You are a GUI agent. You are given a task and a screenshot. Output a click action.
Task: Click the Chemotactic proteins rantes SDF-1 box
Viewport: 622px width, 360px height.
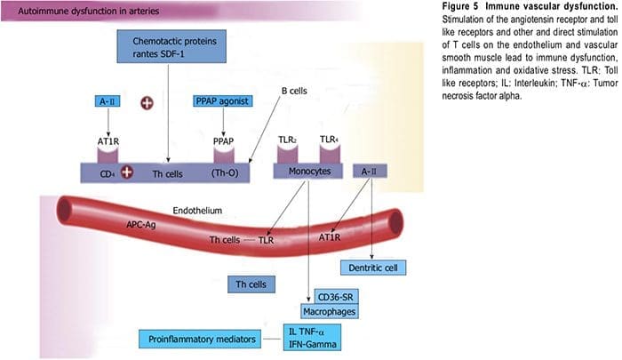point(166,47)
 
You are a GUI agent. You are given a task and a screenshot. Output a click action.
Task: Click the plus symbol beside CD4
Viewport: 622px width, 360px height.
point(127,171)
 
